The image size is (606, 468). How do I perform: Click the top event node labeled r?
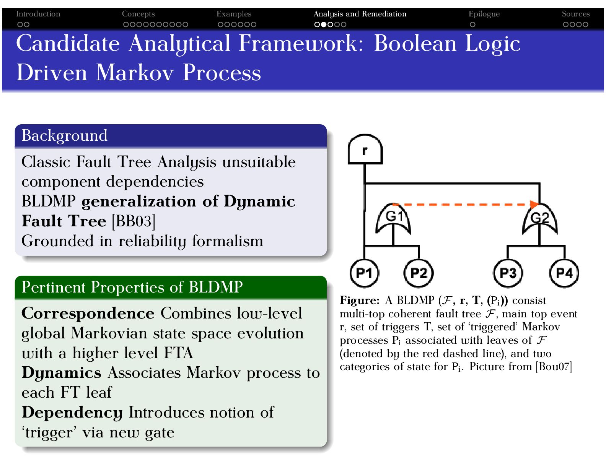click(x=365, y=150)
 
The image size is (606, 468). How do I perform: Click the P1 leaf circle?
click(x=364, y=273)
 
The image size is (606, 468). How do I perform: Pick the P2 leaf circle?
click(x=419, y=273)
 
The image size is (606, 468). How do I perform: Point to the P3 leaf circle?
click(x=508, y=273)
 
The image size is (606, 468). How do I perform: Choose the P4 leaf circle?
click(x=564, y=273)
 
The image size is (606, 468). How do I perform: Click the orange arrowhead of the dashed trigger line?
click(x=534, y=205)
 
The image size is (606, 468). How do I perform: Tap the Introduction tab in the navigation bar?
click(x=38, y=14)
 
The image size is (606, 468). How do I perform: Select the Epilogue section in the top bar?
click(x=484, y=14)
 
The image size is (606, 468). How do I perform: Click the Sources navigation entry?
click(x=575, y=14)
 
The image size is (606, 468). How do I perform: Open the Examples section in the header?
click(x=234, y=14)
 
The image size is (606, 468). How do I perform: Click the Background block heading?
click(x=64, y=136)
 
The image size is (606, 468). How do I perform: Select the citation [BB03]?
click(x=134, y=221)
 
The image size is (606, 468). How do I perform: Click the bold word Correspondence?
click(x=88, y=314)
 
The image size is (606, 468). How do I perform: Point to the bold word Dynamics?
click(x=61, y=373)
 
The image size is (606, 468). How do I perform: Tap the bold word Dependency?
click(x=72, y=413)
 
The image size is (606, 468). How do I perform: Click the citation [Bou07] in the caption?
click(x=554, y=367)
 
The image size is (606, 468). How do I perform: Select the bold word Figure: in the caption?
click(x=359, y=301)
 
